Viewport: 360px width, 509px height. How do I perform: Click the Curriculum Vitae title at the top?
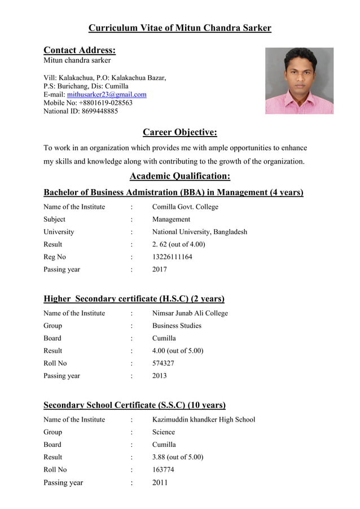click(x=179, y=28)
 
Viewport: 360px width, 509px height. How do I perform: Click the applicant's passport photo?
click(x=299, y=81)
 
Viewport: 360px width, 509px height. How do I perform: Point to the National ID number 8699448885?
click(x=99, y=111)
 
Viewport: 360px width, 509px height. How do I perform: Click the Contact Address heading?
click(x=80, y=50)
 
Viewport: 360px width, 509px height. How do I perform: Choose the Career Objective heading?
click(x=179, y=133)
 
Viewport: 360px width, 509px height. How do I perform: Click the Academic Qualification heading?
click(x=179, y=175)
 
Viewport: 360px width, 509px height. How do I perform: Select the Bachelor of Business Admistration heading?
click(x=173, y=192)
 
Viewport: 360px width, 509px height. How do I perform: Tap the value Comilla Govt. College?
click(x=185, y=207)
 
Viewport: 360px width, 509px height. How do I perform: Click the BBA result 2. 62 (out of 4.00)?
click(x=178, y=244)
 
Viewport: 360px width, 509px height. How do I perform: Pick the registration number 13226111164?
click(x=172, y=257)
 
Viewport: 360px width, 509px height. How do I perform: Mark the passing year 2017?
click(x=160, y=270)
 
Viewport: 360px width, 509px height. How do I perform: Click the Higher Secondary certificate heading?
click(x=134, y=299)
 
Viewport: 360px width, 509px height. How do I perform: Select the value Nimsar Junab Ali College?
click(x=190, y=313)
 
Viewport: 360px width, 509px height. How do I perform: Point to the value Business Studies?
click(x=177, y=326)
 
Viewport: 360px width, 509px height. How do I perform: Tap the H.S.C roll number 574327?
click(x=163, y=363)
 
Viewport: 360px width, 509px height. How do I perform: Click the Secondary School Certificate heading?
click(x=134, y=405)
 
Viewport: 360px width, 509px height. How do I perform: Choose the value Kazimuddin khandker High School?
click(x=204, y=419)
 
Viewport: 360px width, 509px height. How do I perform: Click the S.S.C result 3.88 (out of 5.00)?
click(x=178, y=457)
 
